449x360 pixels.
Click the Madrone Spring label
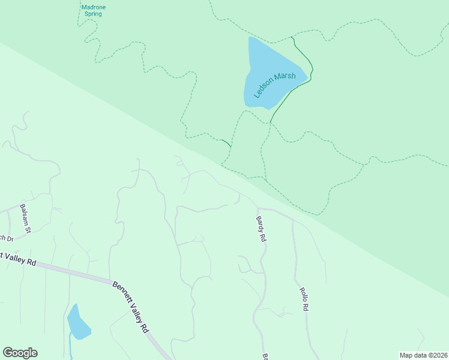[x=92, y=10]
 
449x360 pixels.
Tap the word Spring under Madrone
[x=92, y=14]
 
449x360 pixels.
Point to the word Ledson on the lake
[x=263, y=92]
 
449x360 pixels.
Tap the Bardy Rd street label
[x=261, y=229]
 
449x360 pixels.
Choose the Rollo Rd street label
[x=304, y=299]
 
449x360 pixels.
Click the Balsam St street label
[x=25, y=217]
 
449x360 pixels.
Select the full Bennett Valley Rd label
[x=130, y=307]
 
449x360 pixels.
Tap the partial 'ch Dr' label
[x=6, y=236]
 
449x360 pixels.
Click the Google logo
[x=20, y=353]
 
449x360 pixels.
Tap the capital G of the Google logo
[x=7, y=353]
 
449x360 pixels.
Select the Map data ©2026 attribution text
[x=424, y=355]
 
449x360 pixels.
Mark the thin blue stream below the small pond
[x=71, y=348]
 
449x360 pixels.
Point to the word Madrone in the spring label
[x=92, y=7]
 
